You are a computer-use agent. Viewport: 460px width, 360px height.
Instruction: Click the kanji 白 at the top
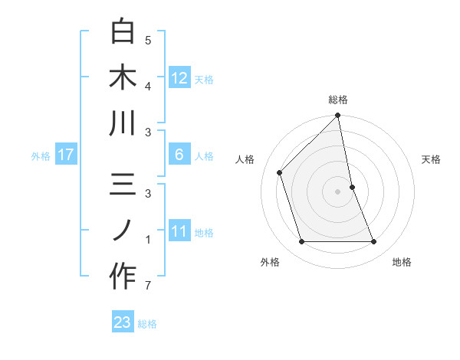point(123,32)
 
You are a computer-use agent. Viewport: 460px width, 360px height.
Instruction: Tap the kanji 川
point(123,124)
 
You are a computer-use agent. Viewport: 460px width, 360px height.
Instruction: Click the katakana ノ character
point(123,231)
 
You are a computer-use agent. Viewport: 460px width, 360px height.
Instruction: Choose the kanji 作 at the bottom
point(123,277)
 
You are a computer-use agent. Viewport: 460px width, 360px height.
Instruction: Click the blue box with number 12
point(179,77)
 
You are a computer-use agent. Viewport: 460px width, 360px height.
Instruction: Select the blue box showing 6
point(179,155)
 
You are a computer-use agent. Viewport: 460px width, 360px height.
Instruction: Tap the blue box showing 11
point(179,231)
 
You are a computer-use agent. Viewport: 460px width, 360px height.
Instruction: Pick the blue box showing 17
point(66,155)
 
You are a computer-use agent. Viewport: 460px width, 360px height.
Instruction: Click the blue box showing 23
point(123,322)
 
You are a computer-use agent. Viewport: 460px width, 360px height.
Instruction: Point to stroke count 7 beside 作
point(147,286)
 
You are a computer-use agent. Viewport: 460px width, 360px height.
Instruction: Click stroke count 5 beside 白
point(147,41)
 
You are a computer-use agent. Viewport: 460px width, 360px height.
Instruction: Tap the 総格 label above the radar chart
point(338,100)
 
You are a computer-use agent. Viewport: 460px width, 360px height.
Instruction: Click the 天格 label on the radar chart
point(432,159)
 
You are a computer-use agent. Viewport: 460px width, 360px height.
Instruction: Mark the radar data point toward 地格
point(374,242)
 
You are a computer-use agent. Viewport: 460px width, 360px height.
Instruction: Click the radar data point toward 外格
point(301,242)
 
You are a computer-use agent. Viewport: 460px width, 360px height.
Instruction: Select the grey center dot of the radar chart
point(338,191)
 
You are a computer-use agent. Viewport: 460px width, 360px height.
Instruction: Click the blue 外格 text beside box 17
point(41,155)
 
